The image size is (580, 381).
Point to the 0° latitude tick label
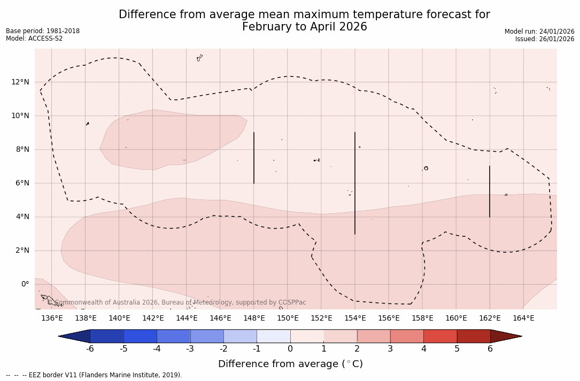pyautogui.click(x=25, y=284)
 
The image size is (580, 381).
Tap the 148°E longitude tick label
pyautogui.click(x=254, y=318)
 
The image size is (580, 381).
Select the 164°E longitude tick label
pyautogui.click(x=523, y=318)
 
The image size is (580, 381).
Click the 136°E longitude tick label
pyautogui.click(x=52, y=318)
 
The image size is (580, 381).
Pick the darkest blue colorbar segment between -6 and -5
pyautogui.click(x=107, y=336)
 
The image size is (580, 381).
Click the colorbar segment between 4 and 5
pyautogui.click(x=440, y=336)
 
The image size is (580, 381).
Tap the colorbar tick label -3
pyautogui.click(x=190, y=349)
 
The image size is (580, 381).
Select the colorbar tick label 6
pyautogui.click(x=490, y=349)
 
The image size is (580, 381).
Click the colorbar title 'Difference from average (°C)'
pyautogui.click(x=290, y=364)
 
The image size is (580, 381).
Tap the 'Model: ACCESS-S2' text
pyautogui.click(x=34, y=38)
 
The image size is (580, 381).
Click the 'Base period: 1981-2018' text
pyautogui.click(x=43, y=31)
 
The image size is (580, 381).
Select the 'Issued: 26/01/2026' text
pyautogui.click(x=545, y=39)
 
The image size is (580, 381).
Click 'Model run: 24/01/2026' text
pyautogui.click(x=539, y=32)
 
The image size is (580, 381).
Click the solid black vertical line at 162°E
pyautogui.click(x=490, y=191)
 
